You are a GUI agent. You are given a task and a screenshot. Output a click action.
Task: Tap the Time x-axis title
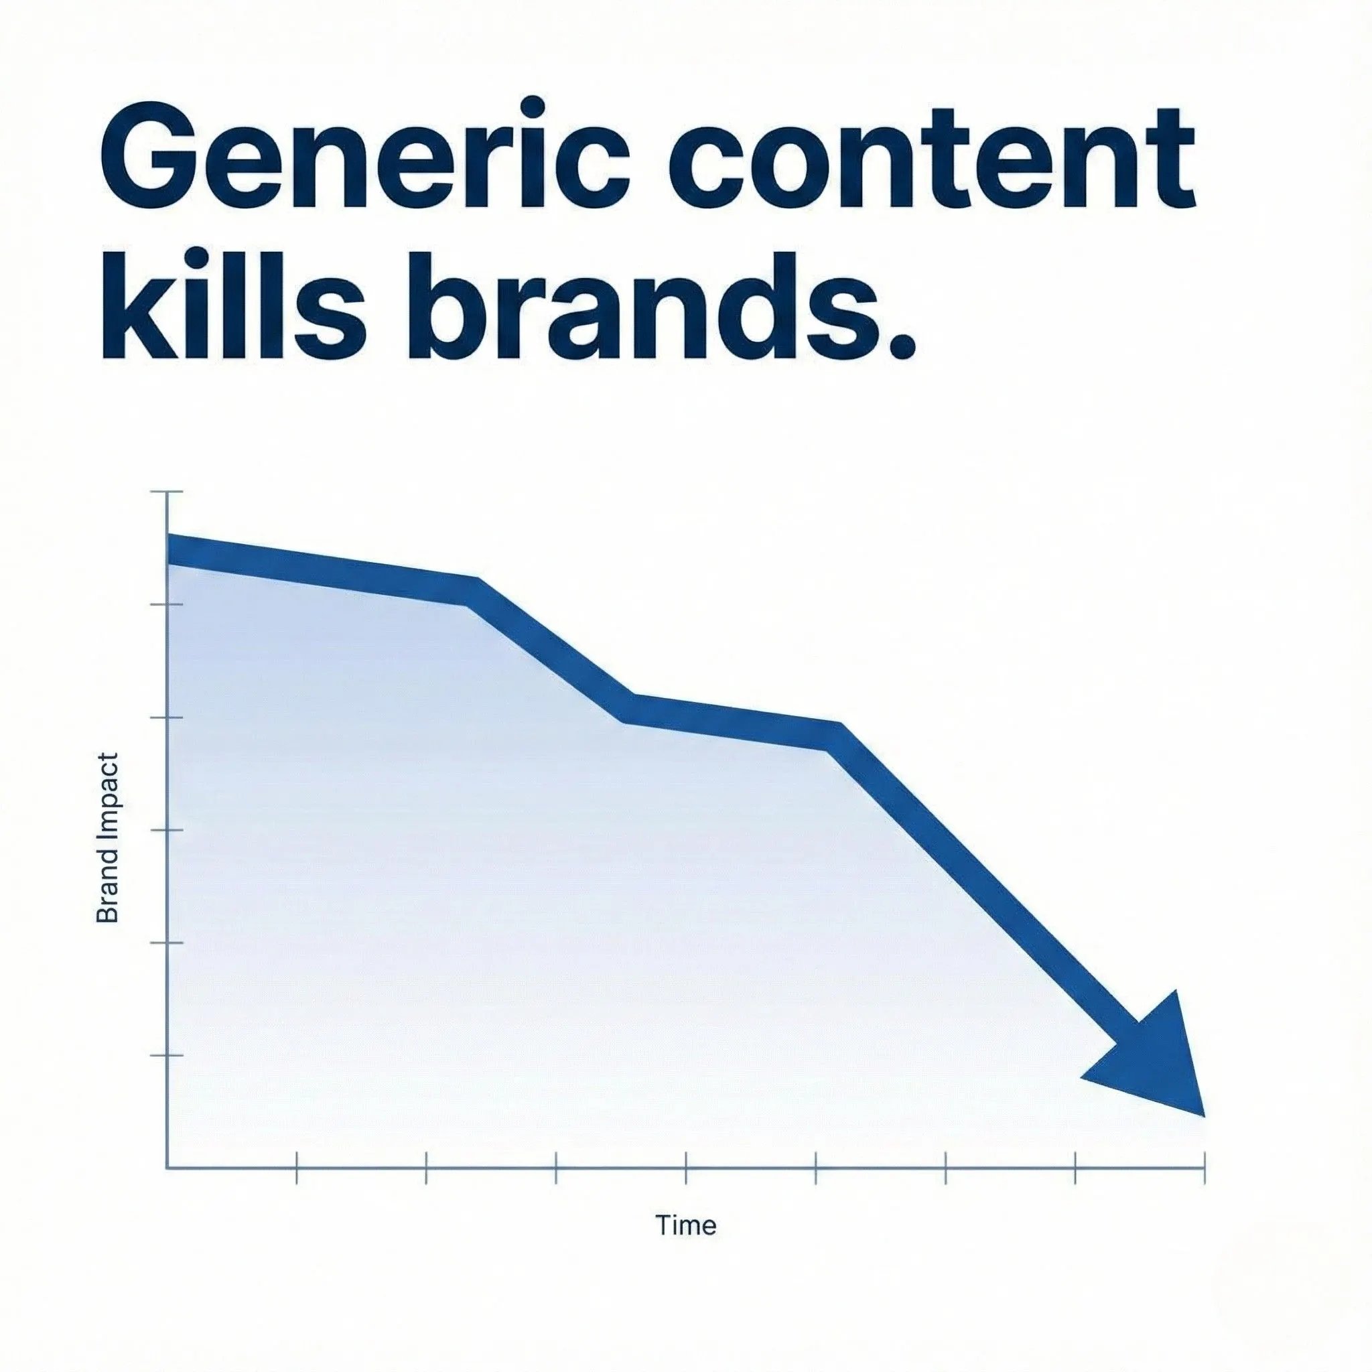tap(686, 1225)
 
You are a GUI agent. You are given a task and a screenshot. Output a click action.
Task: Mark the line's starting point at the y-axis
tap(167, 549)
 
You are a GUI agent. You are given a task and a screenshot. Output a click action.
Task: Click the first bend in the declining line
tap(472, 591)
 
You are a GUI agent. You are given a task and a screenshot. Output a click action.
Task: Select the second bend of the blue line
tap(628, 707)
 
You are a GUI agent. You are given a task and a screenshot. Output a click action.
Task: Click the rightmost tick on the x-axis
tap(1205, 1168)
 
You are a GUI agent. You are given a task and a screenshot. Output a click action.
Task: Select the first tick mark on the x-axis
tap(296, 1168)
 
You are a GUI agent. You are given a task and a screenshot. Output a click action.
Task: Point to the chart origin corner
tap(167, 1168)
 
